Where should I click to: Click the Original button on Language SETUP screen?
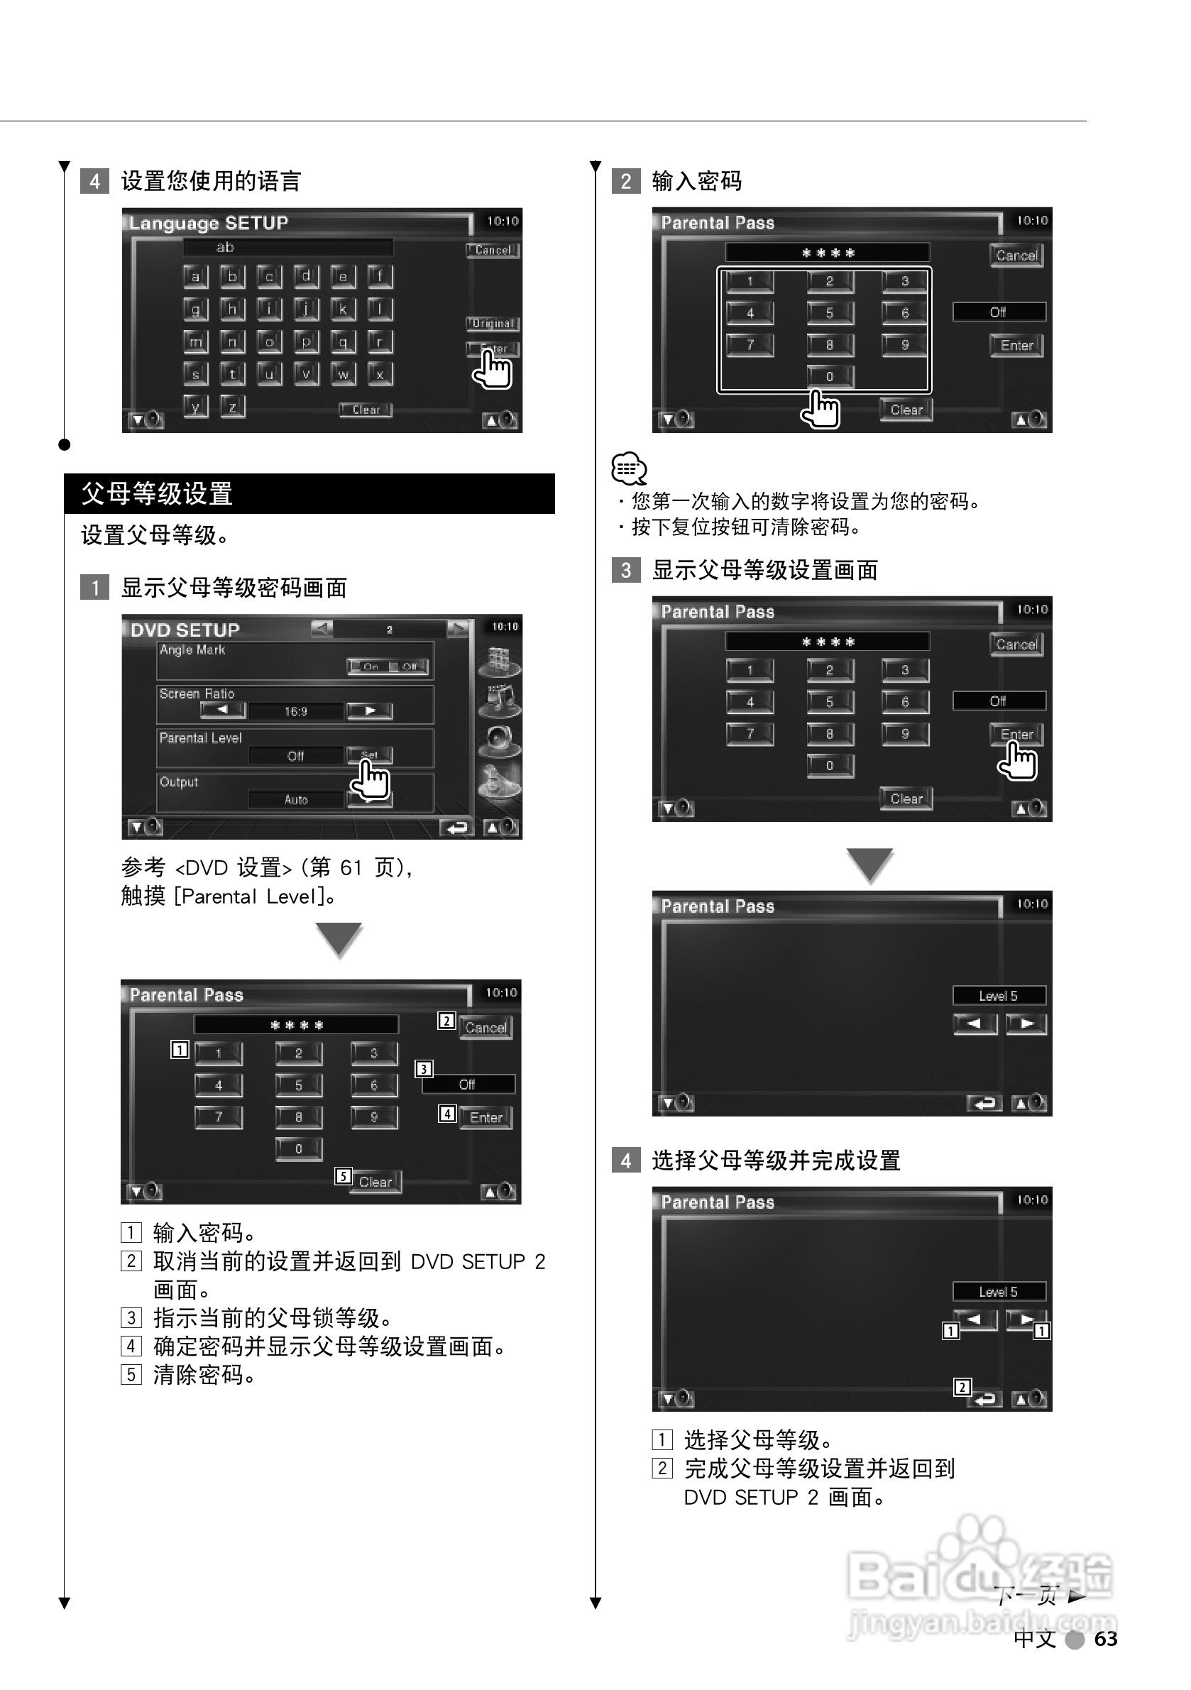pos(493,323)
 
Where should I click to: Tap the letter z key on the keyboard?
pos(233,405)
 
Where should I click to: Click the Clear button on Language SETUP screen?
pos(366,410)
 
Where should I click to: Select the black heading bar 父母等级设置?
pos(309,493)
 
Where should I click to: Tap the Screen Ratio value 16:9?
pos(295,712)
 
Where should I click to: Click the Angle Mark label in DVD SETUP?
pos(192,650)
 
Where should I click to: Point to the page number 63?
pos(1106,1638)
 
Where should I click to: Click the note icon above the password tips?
pos(629,468)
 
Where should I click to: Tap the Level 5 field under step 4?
pos(998,1292)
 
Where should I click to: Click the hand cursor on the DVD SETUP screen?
pos(371,779)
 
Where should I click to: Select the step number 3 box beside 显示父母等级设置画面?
pos(626,570)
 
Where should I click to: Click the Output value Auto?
pos(296,799)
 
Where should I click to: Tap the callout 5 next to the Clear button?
pos(343,1176)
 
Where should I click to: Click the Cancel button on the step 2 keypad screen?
pos(1016,256)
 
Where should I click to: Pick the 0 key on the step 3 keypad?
pos(830,766)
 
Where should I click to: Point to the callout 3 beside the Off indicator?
pos(424,1069)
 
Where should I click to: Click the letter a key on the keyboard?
pos(195,277)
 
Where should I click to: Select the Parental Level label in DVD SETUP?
pos(200,738)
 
